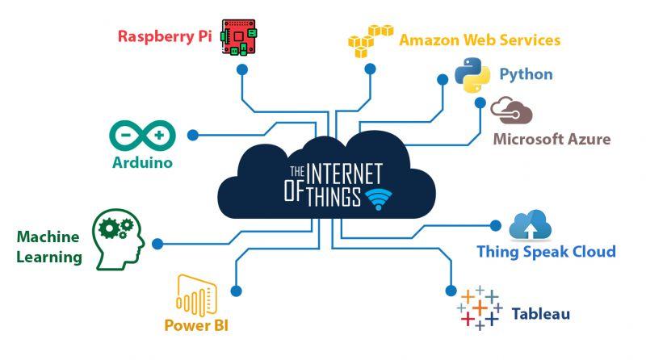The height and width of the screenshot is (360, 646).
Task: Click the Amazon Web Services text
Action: [480, 40]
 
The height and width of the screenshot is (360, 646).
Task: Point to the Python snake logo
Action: [472, 74]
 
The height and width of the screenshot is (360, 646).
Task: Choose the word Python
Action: [526, 74]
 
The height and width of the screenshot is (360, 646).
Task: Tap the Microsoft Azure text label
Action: [552, 139]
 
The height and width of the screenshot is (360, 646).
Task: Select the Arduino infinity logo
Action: [142, 134]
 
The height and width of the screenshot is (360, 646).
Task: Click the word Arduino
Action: [142, 162]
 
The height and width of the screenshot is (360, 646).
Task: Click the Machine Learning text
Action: [49, 247]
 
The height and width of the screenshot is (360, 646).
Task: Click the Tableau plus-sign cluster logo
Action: [480, 308]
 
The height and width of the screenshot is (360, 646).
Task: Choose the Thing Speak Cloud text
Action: [546, 251]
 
